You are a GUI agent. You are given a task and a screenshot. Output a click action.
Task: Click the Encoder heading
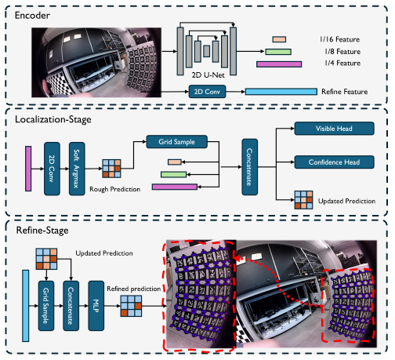click(32, 16)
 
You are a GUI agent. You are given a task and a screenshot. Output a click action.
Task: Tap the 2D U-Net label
click(208, 75)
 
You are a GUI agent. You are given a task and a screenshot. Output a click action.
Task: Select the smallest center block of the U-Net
click(207, 51)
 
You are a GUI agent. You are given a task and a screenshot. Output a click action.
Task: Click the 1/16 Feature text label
click(340, 39)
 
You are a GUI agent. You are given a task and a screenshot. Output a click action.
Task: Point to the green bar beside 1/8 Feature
click(278, 52)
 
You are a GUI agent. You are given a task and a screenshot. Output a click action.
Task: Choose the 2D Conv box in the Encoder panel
click(207, 92)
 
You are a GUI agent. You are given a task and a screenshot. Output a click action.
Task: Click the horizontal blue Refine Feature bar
click(281, 92)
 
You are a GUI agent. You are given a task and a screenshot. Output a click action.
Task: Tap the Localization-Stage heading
click(53, 119)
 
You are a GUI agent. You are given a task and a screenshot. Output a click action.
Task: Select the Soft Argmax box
click(77, 169)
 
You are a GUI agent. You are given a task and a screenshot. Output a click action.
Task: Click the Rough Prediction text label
click(114, 189)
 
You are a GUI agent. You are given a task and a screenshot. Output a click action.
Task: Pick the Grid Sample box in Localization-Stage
click(177, 142)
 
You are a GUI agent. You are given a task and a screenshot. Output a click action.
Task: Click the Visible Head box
click(334, 129)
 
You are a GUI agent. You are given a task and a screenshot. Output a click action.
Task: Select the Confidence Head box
click(334, 162)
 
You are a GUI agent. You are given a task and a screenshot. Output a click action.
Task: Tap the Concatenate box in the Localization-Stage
click(250, 167)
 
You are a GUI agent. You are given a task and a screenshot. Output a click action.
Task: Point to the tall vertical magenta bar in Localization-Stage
click(28, 169)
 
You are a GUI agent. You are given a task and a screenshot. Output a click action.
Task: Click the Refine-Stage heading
click(42, 231)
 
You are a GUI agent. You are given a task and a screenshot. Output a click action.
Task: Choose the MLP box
click(96, 306)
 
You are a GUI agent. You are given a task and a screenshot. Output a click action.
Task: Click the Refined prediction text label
click(133, 289)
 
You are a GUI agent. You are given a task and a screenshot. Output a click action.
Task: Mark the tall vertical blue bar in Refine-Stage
click(26, 306)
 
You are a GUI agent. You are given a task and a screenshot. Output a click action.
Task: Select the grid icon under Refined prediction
click(131, 306)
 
